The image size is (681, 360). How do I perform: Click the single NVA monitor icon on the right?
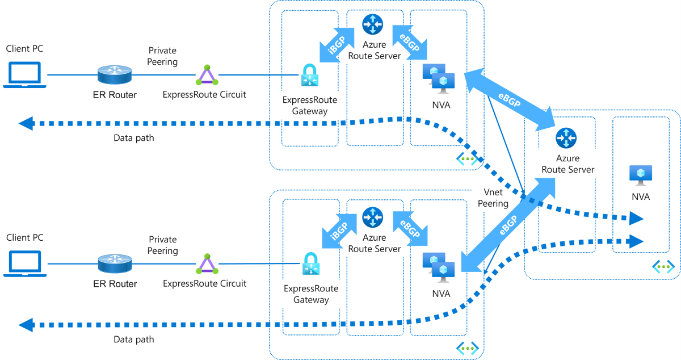click(640, 175)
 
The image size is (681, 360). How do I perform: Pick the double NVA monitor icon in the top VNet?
click(438, 79)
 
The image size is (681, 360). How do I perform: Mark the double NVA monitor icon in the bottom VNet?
click(438, 268)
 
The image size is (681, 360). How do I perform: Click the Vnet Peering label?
click(493, 198)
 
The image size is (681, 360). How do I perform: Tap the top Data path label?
click(133, 137)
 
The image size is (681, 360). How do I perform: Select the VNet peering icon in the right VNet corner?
click(662, 266)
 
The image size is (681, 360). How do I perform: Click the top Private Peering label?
click(162, 56)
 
